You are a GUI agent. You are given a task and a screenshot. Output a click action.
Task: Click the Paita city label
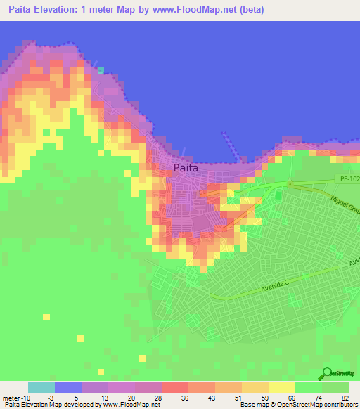click(186, 168)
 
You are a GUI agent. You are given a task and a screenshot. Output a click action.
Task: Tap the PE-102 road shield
click(346, 178)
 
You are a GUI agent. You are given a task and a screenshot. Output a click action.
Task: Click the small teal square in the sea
click(101, 70)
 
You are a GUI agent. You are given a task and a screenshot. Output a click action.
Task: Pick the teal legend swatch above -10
click(41, 387)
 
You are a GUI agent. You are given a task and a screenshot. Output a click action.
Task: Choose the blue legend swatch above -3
click(68, 387)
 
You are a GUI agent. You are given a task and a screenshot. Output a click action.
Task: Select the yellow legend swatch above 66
click(282, 387)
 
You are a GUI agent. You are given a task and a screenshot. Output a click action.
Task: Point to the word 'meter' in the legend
click(12, 398)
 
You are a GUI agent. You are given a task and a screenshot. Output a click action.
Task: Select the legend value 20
click(131, 398)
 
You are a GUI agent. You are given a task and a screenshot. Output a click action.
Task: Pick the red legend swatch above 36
click(175, 387)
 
